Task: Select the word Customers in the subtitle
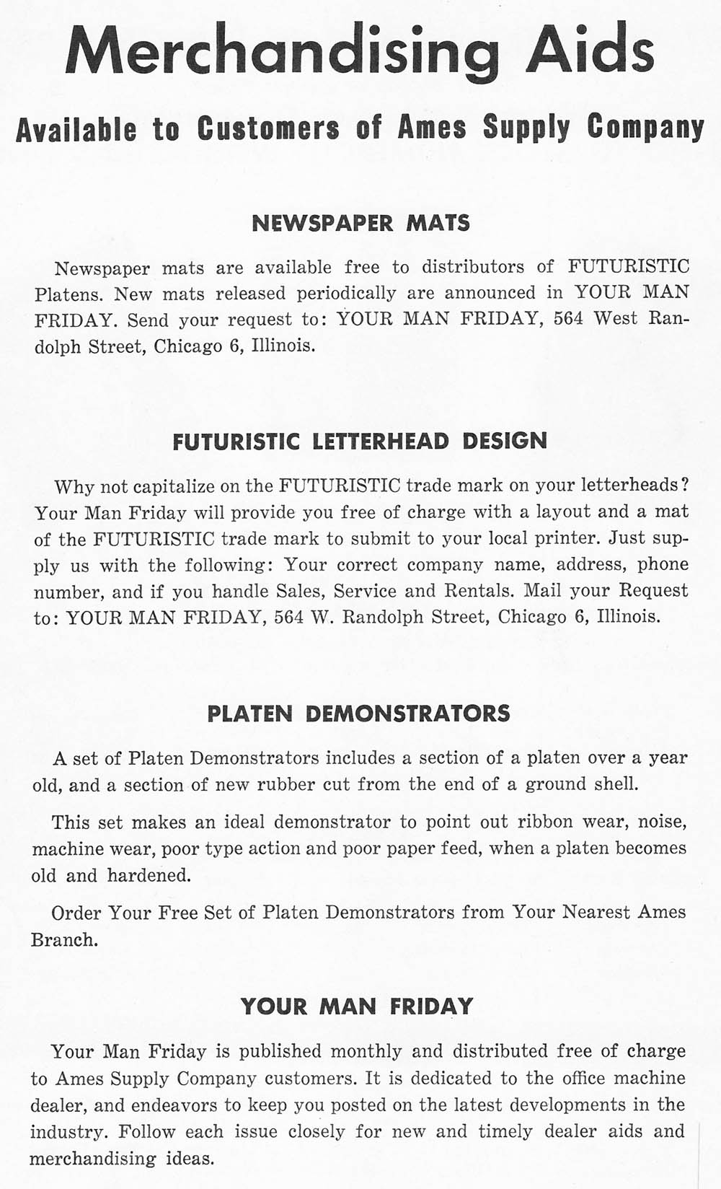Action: (267, 128)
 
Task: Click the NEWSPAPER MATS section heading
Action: (360, 223)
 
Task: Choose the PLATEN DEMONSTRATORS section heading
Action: (358, 714)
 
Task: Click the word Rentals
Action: (482, 591)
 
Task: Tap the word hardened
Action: (149, 875)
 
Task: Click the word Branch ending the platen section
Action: (63, 940)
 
